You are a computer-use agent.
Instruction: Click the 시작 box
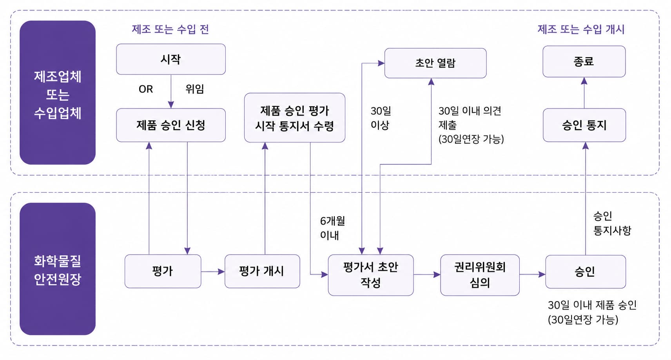click(171, 59)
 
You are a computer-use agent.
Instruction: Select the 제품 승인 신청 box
click(171, 125)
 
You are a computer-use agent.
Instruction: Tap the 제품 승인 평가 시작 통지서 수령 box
click(294, 118)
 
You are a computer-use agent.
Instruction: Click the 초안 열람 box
click(435, 63)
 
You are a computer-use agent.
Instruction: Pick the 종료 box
click(584, 62)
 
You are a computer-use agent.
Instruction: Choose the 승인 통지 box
click(584, 125)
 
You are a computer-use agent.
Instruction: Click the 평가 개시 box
click(262, 271)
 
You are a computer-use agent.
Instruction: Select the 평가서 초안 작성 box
click(370, 275)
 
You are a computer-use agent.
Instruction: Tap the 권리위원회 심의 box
click(480, 275)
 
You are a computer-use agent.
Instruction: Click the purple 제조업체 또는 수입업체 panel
click(58, 92)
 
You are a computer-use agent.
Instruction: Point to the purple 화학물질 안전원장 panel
click(58, 269)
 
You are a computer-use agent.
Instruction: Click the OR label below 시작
click(146, 89)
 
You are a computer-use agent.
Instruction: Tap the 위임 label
click(195, 89)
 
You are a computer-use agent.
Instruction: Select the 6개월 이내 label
click(332, 228)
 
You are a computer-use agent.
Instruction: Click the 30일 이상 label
click(381, 118)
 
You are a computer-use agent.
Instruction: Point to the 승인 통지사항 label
click(612, 223)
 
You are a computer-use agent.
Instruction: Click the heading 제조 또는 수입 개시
click(581, 29)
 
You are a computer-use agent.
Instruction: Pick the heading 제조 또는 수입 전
click(170, 29)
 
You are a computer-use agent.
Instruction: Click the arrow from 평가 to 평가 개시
click(213, 271)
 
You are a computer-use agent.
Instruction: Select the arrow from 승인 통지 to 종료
click(584, 93)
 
